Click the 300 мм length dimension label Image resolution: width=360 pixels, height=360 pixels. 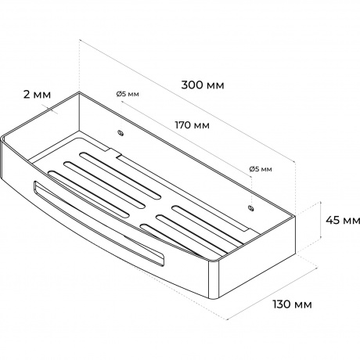coord(203,85)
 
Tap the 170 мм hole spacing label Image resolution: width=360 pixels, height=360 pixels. coord(192,125)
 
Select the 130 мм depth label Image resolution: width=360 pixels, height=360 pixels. coord(292,304)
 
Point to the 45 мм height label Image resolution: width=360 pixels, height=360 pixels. coord(343,221)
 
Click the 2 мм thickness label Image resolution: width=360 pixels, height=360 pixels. coord(37,95)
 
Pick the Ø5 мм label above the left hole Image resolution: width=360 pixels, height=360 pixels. coord(128,94)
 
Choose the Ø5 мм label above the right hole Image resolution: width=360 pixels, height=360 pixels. coord(261,169)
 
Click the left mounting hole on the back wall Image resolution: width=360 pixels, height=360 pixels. coord(121,133)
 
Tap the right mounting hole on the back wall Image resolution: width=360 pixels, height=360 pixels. coord(251,208)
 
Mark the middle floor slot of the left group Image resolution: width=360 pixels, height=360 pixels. coord(104,185)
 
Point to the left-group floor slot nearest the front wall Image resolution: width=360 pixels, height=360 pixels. coord(88,194)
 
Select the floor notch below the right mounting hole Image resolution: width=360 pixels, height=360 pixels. coord(249,232)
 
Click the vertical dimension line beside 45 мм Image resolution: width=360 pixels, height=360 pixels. coord(321,220)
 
